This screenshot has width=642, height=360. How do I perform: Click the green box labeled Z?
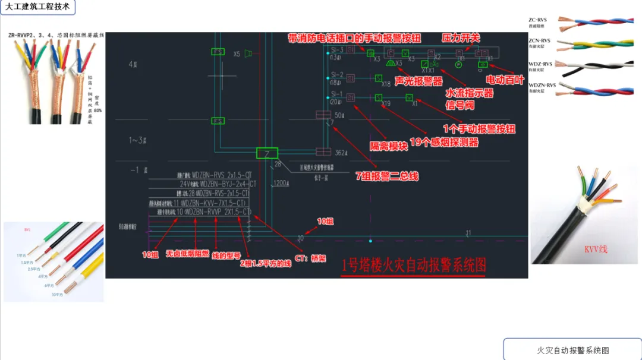point(267,153)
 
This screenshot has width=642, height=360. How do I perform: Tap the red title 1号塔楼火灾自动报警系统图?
point(414,266)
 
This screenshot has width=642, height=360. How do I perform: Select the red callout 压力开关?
point(460,38)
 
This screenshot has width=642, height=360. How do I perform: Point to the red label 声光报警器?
point(418,81)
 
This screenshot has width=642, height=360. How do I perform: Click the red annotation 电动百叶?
point(505,80)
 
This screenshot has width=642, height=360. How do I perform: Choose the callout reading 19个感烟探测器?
point(444,142)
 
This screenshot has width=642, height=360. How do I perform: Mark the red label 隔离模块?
point(389,146)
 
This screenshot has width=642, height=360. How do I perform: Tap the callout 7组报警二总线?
point(387,176)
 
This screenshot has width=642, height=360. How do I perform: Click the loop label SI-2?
point(338,75)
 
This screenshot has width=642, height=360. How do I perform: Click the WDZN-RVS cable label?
point(542,85)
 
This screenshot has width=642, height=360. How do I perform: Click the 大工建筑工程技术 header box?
point(37,8)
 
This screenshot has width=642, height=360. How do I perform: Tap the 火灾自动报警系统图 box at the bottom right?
point(572,350)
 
